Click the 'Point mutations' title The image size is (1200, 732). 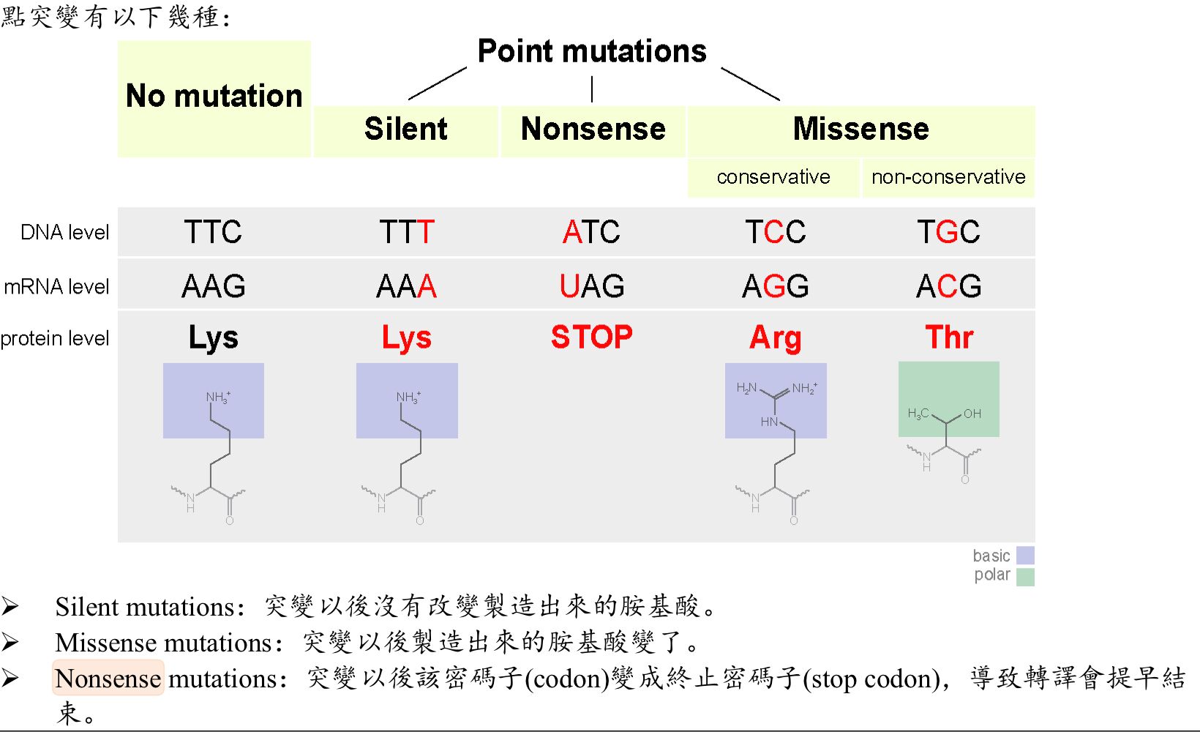[592, 51]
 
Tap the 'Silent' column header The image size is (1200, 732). [405, 129]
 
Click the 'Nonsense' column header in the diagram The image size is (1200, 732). [593, 129]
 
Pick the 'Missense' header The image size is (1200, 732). [860, 129]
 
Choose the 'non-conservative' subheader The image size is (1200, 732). [948, 177]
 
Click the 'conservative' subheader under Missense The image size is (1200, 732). [773, 177]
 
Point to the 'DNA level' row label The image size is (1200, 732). [64, 233]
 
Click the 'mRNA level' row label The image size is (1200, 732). [56, 287]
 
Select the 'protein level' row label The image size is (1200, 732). [55, 338]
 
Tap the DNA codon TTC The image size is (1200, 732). [213, 233]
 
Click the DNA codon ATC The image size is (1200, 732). [591, 233]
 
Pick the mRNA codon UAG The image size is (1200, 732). [591, 286]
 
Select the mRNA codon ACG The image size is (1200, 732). [948, 286]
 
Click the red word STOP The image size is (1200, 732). [591, 337]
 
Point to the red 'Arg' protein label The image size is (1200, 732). [775, 338]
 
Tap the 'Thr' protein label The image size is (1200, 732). [948, 337]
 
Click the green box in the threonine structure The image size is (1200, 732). [948, 399]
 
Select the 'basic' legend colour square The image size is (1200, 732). [1025, 556]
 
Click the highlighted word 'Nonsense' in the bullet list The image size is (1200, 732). [108, 679]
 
